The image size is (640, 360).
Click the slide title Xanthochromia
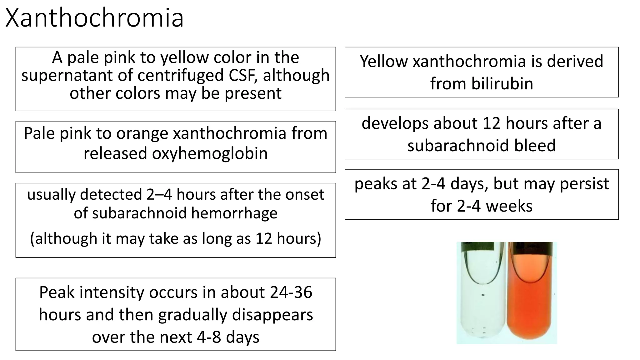[x=94, y=18]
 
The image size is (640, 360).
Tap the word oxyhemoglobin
[x=210, y=153]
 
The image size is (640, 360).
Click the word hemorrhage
[x=234, y=213]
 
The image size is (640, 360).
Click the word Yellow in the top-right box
[x=384, y=61]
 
